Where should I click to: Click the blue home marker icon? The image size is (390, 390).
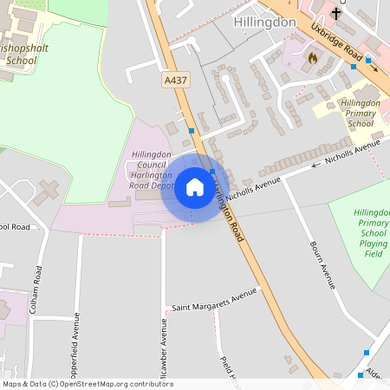[194, 187]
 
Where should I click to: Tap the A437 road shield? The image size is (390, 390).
[173, 80]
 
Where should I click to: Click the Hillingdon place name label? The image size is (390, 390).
[264, 22]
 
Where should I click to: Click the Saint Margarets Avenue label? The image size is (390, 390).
[214, 299]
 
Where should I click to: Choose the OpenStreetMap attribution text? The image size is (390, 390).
[87, 384]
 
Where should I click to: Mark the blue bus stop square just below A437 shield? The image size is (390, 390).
[191, 131]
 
